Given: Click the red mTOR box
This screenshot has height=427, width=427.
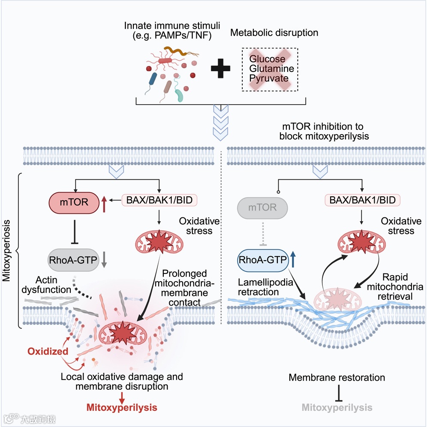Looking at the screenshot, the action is click(x=74, y=203).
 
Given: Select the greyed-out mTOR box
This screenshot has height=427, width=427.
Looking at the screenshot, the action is click(x=262, y=208).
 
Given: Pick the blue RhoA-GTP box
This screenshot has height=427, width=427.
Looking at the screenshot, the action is click(x=263, y=260).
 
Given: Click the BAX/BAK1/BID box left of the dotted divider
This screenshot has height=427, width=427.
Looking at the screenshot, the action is click(x=159, y=200).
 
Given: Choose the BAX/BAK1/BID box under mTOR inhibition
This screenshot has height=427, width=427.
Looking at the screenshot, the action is click(x=362, y=200).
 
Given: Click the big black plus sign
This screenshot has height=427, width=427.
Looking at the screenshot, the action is click(x=221, y=68).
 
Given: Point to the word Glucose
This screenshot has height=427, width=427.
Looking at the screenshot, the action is click(x=267, y=59).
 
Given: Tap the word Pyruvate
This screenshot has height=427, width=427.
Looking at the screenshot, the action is click(x=269, y=78).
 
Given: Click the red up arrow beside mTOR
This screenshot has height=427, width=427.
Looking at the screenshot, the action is click(x=104, y=204).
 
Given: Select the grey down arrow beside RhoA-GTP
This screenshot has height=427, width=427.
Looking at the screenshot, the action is click(x=104, y=259).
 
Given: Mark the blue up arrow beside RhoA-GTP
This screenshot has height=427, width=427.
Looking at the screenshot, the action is click(x=293, y=259).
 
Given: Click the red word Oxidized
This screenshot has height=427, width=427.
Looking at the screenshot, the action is click(x=48, y=351).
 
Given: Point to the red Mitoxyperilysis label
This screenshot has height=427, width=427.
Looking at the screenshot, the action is click(x=122, y=407).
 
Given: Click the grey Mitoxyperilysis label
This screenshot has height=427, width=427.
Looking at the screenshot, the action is click(x=337, y=407).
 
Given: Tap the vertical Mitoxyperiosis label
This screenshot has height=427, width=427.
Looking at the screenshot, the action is click(x=6, y=250).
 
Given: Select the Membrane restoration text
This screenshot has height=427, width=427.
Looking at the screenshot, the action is click(x=337, y=377).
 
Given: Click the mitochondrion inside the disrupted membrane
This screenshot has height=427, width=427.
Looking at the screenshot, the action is click(x=123, y=333).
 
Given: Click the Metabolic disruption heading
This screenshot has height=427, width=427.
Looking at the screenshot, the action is click(x=274, y=33).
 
